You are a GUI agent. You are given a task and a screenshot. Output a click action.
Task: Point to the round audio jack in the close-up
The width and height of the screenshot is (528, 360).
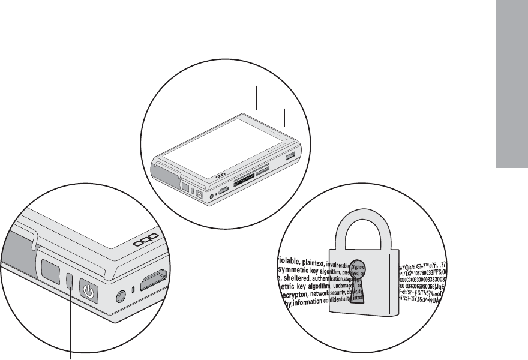(122, 295)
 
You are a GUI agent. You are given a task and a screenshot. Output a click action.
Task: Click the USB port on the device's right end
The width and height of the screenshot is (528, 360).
(290, 157)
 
